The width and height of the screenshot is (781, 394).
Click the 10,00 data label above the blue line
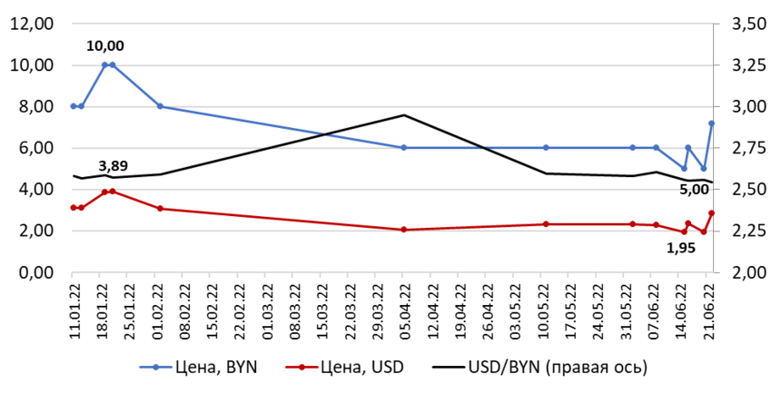coord(105,45)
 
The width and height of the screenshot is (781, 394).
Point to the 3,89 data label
coord(113,166)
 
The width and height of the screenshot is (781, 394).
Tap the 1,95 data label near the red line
coord(682,247)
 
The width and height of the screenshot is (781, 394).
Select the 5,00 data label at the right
coord(695,191)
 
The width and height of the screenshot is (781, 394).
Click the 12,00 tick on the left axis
coord(32,25)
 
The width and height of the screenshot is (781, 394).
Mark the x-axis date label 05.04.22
coord(403,310)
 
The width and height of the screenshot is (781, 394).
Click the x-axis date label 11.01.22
coord(74,310)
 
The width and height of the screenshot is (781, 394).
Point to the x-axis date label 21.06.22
coord(712,310)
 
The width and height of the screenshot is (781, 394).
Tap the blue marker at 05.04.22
coord(403,147)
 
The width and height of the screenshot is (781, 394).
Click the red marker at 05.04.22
coord(403,230)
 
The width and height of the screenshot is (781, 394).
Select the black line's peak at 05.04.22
coord(403,115)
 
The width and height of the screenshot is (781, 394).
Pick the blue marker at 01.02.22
coord(160,106)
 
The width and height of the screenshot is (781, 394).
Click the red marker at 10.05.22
coord(546,224)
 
